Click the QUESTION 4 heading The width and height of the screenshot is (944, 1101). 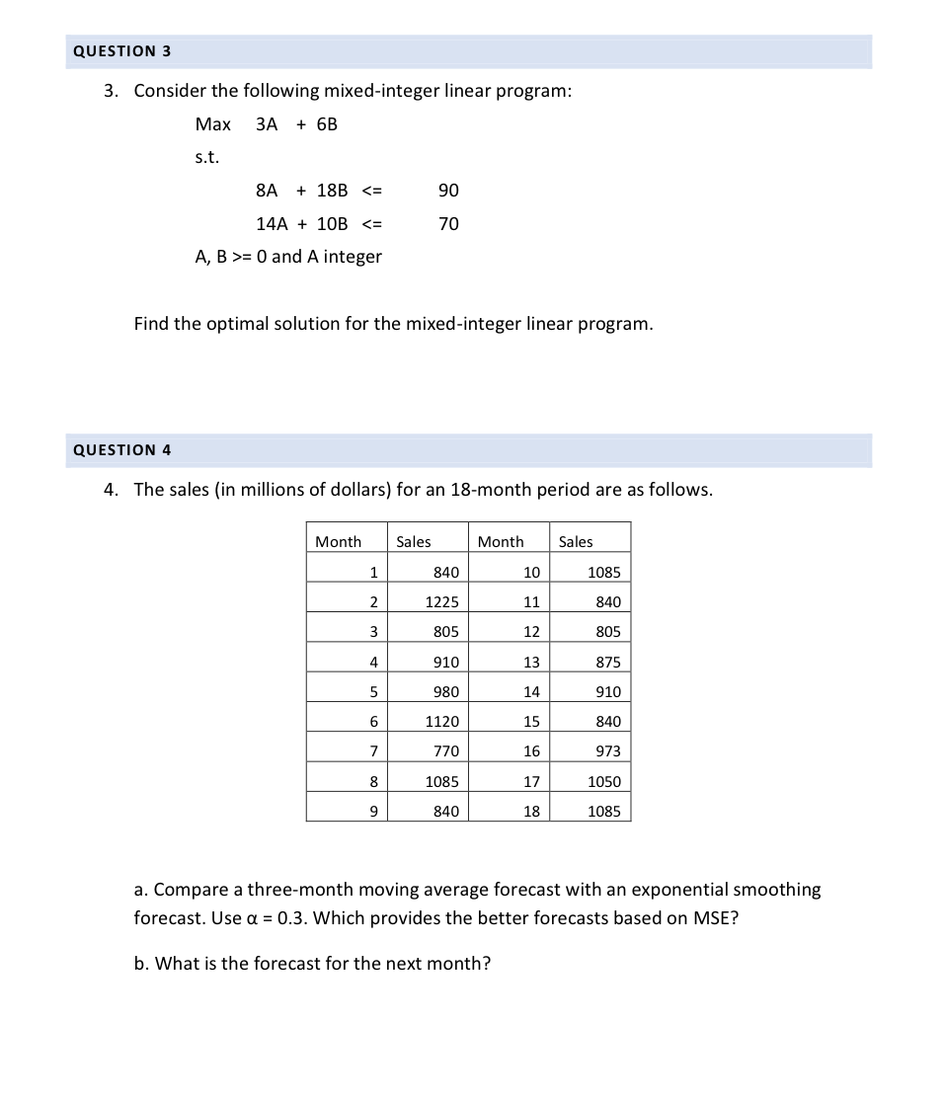[121, 449]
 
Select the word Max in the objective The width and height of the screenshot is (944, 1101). [212, 124]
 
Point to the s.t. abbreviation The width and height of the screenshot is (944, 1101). [207, 157]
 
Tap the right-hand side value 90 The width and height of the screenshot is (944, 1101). [448, 190]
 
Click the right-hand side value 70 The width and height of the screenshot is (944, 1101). [448, 224]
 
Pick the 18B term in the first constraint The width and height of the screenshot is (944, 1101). [332, 190]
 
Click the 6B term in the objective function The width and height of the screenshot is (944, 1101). [327, 124]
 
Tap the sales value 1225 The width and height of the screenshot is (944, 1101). [441, 602]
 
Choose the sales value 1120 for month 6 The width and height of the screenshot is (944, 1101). [441, 722]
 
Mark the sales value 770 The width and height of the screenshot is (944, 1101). [446, 751]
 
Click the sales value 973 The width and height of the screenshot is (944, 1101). [608, 751]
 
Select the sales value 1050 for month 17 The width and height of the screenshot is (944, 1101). [604, 781]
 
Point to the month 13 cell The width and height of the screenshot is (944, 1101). [531, 662]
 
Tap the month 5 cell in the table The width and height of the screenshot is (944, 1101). [373, 691]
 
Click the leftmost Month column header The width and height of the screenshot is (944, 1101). [338, 541]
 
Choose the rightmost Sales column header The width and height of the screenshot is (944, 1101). [576, 541]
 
